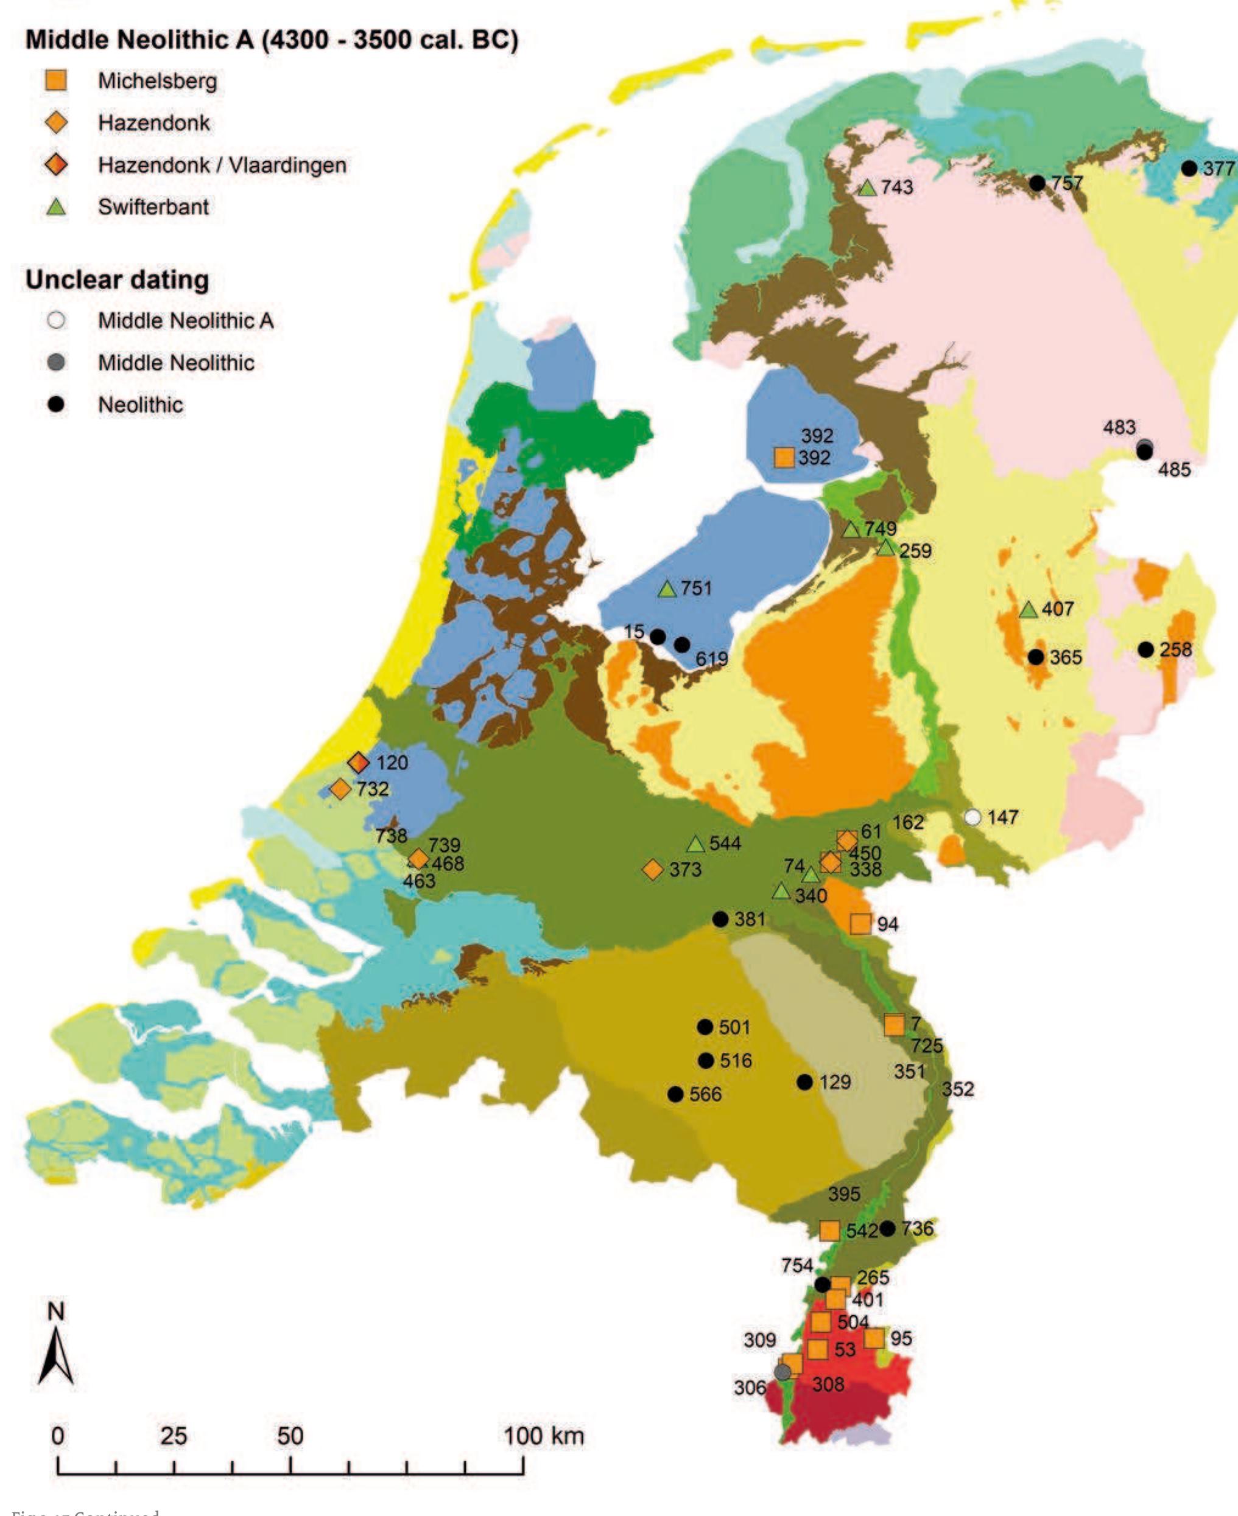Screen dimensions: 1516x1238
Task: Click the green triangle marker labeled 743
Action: coord(867,188)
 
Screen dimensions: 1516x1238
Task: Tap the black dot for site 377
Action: coord(1189,168)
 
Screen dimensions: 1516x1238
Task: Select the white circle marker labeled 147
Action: coord(972,817)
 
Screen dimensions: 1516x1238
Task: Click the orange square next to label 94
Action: coord(860,924)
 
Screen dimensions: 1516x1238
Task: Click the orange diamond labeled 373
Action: coord(653,870)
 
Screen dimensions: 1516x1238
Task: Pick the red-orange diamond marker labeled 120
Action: coord(358,763)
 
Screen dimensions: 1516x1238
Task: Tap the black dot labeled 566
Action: coord(675,1094)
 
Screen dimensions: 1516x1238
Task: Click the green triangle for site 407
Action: coord(1029,610)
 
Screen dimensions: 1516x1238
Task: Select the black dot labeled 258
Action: coord(1146,649)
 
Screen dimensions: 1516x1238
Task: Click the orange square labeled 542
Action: coord(829,1230)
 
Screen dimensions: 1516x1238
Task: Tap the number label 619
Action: coord(712,659)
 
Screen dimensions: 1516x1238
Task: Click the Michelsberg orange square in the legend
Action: coord(55,80)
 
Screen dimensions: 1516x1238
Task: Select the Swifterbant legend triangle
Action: coord(55,208)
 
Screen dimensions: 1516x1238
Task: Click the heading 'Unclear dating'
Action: coord(118,279)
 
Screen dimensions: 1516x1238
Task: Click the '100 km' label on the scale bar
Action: coord(544,1436)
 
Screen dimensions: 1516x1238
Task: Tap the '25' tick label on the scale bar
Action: coord(174,1436)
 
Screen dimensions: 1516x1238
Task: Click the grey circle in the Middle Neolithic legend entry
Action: coord(55,363)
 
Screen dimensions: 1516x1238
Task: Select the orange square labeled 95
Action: coord(874,1338)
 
